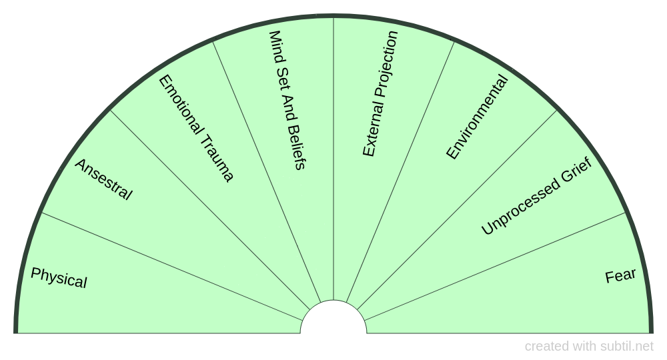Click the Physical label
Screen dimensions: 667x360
[x=59, y=278]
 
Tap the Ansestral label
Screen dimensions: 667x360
[x=103, y=179]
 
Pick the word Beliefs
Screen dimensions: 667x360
[x=296, y=147]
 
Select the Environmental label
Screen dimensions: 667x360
[x=477, y=117]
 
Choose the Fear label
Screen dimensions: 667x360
[x=620, y=276]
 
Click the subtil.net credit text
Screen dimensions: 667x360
[x=589, y=347]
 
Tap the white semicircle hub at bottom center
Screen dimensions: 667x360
[x=333, y=317]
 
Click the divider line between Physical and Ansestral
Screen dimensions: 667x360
[x=172, y=267]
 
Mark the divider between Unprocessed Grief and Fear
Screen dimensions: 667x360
[x=495, y=267]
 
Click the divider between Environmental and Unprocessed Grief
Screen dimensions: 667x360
[x=457, y=210]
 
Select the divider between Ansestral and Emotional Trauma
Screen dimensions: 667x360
[x=210, y=210]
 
